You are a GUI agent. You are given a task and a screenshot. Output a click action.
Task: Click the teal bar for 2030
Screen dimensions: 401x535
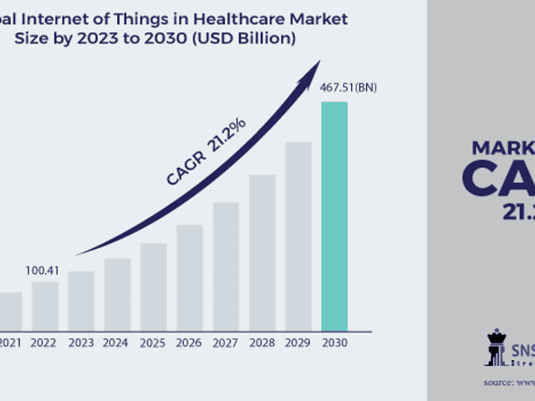coord(334,216)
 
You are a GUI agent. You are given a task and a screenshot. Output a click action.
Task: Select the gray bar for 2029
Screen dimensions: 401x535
coord(298,236)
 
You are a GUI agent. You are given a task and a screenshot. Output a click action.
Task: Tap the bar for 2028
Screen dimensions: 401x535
coord(262,252)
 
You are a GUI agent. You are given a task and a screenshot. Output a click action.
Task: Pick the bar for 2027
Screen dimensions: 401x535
coord(226,266)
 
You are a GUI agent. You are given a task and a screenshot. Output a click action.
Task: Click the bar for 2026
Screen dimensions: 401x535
coord(190,277)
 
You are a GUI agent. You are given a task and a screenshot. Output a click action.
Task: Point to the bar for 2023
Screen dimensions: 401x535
coord(81,300)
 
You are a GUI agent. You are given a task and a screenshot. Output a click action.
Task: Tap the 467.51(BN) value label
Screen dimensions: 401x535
coord(349,88)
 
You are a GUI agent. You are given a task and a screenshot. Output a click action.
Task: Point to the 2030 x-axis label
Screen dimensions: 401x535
coord(334,342)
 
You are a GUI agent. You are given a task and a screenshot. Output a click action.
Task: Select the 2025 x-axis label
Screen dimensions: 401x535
coord(153,342)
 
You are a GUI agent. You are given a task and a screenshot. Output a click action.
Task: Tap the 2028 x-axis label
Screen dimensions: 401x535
coord(262,342)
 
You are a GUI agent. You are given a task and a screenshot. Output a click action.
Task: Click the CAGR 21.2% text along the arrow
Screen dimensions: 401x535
coord(206,151)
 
